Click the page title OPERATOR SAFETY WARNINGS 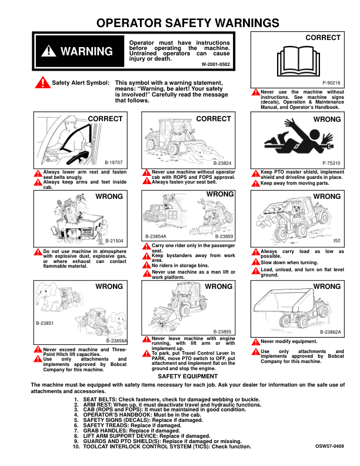[x=188, y=23]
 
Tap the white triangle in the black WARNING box [x=48, y=51]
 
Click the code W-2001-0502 [x=216, y=64]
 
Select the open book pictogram [x=298, y=61]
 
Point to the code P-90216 [x=332, y=83]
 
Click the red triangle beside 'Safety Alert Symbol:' [x=43, y=82]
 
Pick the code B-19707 [x=114, y=162]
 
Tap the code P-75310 [x=332, y=163]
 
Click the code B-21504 [x=114, y=241]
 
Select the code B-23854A [x=156, y=237]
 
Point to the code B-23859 [x=224, y=237]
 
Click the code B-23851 [x=45, y=323]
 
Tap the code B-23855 [x=222, y=332]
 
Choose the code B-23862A [x=331, y=332]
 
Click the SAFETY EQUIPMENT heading [x=188, y=376]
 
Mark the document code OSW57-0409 [x=329, y=446]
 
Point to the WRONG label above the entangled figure [x=327, y=119]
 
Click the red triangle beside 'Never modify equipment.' [x=256, y=342]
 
